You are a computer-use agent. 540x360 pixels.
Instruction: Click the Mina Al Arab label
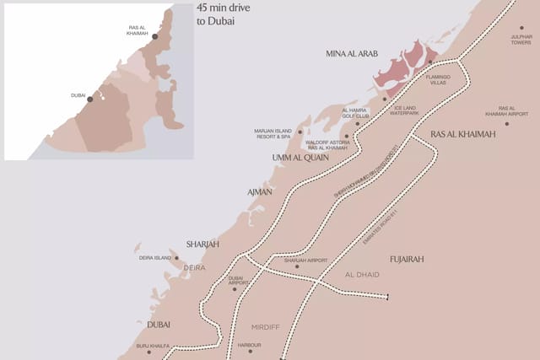[x=352, y=54]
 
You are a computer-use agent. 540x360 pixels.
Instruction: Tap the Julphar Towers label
[x=521, y=40]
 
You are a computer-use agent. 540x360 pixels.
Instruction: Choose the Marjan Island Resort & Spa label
[x=273, y=132]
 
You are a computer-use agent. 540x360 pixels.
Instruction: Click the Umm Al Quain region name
[x=300, y=158]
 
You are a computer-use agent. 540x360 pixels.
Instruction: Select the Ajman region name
[x=259, y=192]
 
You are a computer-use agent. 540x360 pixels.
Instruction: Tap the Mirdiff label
[x=265, y=325]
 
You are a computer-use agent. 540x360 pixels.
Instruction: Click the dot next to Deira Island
[x=176, y=258]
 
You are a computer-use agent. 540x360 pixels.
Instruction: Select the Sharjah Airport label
[x=305, y=261]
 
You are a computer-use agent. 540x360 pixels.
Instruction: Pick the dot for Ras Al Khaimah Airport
[x=507, y=124]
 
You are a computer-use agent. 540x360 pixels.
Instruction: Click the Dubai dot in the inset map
[x=90, y=99]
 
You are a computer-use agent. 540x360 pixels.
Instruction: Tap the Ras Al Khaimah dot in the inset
[x=154, y=37]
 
